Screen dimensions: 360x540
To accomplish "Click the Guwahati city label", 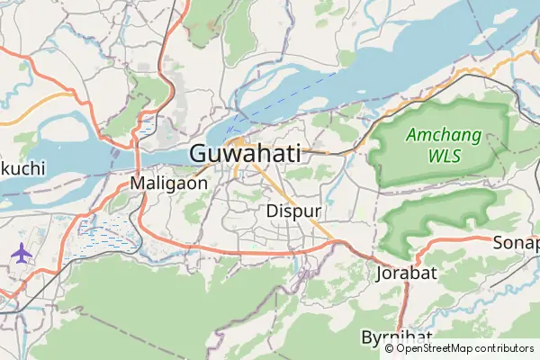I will tap(245, 154).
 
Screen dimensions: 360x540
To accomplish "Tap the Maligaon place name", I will tap(169, 183).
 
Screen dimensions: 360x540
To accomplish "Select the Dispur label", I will tap(294, 211).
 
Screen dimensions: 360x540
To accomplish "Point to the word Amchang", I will tap(444, 136).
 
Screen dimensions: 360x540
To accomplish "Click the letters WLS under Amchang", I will tap(444, 155).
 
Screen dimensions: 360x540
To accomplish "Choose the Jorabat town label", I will tap(407, 271).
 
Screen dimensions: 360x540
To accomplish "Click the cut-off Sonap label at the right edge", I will tap(516, 242).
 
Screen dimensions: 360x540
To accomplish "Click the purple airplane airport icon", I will tap(20, 252).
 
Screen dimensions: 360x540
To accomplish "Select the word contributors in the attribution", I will tap(505, 348).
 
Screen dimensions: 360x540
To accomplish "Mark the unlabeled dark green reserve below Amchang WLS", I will tap(441, 216).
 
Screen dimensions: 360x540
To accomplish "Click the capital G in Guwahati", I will tap(200, 154).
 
